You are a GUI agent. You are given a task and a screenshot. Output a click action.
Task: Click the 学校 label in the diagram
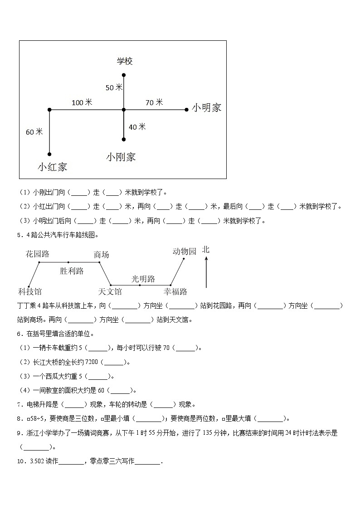click(x=124, y=61)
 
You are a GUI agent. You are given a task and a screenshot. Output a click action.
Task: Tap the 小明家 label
click(x=206, y=108)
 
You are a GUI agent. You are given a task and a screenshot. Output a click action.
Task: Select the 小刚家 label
click(x=121, y=157)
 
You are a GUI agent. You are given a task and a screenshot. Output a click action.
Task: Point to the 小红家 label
click(x=52, y=167)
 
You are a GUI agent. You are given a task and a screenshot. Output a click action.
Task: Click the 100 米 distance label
click(x=82, y=102)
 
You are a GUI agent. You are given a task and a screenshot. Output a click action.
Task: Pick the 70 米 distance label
click(x=154, y=102)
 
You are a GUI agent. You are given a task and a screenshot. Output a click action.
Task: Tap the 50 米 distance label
click(x=114, y=87)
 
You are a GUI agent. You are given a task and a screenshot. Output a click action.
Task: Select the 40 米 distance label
click(x=137, y=127)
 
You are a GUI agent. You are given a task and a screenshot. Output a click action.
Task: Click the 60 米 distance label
click(x=34, y=132)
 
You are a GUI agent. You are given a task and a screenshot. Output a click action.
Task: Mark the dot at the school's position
click(x=124, y=75)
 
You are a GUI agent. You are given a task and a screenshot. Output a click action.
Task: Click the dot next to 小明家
click(x=186, y=109)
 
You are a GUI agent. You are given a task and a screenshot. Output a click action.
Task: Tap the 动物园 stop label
click(x=185, y=251)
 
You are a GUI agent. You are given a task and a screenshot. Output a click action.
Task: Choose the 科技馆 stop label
click(x=30, y=291)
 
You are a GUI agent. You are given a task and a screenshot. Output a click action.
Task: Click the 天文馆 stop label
click(x=110, y=291)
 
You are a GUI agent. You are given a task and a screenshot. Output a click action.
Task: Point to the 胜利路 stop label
click(x=72, y=271)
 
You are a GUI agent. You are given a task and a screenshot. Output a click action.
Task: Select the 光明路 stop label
click(x=143, y=278)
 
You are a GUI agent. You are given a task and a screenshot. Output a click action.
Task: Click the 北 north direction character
click(x=206, y=250)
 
